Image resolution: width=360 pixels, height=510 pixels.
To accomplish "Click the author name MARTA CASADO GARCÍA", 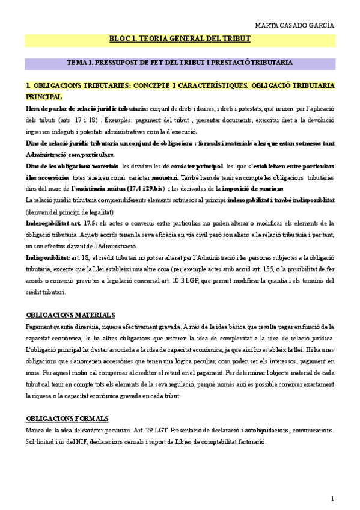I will coord(294,25).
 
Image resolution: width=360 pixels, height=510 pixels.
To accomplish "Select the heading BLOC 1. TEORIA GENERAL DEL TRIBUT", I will coord(180,39).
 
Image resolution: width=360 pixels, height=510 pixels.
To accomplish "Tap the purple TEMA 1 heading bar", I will coord(180,62).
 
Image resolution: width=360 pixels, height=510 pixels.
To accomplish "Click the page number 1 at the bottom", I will coord(332,498).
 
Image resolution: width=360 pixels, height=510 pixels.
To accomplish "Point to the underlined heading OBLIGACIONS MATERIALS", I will coord(71,315).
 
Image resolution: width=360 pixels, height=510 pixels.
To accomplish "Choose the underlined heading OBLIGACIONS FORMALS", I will coord(67,401).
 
